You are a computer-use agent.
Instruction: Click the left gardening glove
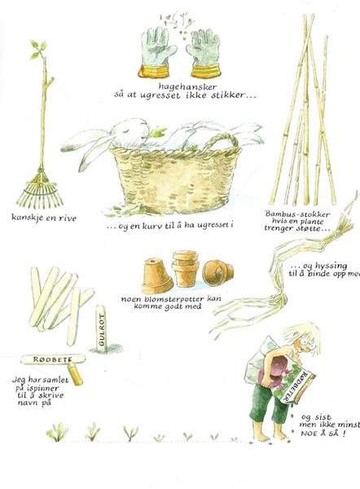click(x=156, y=53)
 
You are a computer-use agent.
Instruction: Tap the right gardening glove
click(x=204, y=54)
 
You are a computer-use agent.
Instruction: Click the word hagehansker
click(x=187, y=86)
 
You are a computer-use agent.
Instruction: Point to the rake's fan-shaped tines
click(x=40, y=190)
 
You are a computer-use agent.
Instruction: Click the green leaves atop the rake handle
click(x=38, y=49)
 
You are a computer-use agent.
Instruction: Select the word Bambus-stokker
click(x=297, y=214)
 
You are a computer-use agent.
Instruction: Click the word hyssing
click(x=331, y=267)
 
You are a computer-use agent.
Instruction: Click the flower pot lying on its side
click(x=217, y=272)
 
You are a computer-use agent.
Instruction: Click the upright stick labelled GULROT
click(x=101, y=328)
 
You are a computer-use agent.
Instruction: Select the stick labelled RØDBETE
click(x=53, y=359)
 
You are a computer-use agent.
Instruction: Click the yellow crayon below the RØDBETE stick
click(x=75, y=373)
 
